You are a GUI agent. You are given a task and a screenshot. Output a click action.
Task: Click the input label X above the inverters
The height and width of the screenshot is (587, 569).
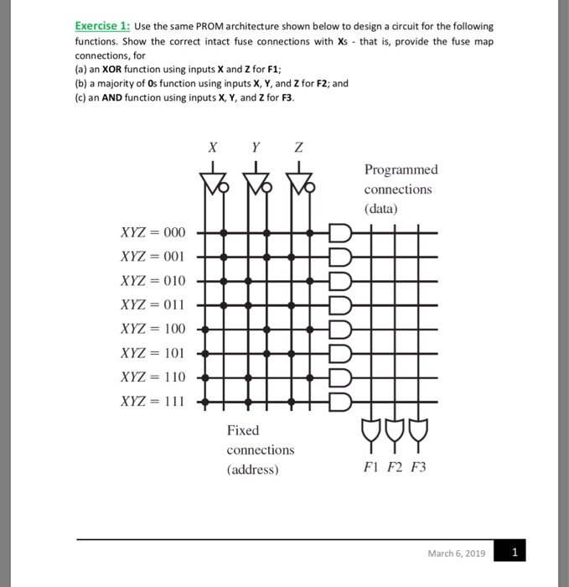point(213,147)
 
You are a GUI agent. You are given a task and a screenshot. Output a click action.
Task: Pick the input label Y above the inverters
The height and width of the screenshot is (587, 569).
point(256,147)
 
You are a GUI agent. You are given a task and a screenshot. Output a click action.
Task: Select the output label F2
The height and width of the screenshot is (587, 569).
point(396,467)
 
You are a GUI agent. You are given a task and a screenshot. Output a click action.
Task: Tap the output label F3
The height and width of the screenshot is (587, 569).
point(418,467)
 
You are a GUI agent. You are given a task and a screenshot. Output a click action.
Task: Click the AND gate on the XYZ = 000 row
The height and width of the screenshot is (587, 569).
point(340,232)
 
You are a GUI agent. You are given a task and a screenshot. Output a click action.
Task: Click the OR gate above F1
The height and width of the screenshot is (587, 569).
point(372,430)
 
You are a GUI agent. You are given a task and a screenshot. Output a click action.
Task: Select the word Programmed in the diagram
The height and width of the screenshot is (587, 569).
point(401,170)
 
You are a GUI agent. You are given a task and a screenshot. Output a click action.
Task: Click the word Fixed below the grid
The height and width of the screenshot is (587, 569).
point(243,430)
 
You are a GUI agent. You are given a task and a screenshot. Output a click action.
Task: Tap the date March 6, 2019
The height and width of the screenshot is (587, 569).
point(456,553)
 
